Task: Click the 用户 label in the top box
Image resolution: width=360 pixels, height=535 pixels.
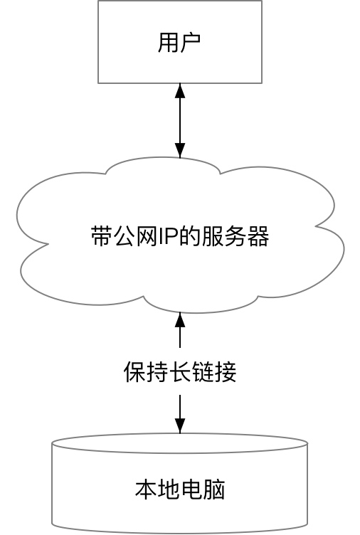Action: (x=179, y=42)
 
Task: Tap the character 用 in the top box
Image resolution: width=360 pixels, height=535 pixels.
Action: (x=169, y=42)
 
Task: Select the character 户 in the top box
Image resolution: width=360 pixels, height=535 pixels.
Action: (x=191, y=42)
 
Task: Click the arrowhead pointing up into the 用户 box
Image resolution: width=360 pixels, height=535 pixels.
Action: (x=180, y=91)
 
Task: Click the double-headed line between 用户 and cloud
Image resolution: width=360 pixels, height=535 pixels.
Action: (x=180, y=120)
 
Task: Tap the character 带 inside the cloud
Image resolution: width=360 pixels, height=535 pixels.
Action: (x=101, y=237)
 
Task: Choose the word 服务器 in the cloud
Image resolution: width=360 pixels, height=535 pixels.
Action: (x=236, y=237)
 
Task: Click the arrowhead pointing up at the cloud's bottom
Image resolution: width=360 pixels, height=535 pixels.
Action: (x=180, y=319)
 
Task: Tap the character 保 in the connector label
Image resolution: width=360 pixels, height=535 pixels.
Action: (x=134, y=372)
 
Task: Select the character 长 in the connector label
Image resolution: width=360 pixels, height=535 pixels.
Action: (x=180, y=372)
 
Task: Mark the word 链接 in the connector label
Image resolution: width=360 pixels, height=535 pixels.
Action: (x=214, y=372)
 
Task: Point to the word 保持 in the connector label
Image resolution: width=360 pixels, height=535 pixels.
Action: (x=146, y=372)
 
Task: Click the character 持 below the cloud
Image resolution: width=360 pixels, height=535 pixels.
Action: (x=157, y=372)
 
